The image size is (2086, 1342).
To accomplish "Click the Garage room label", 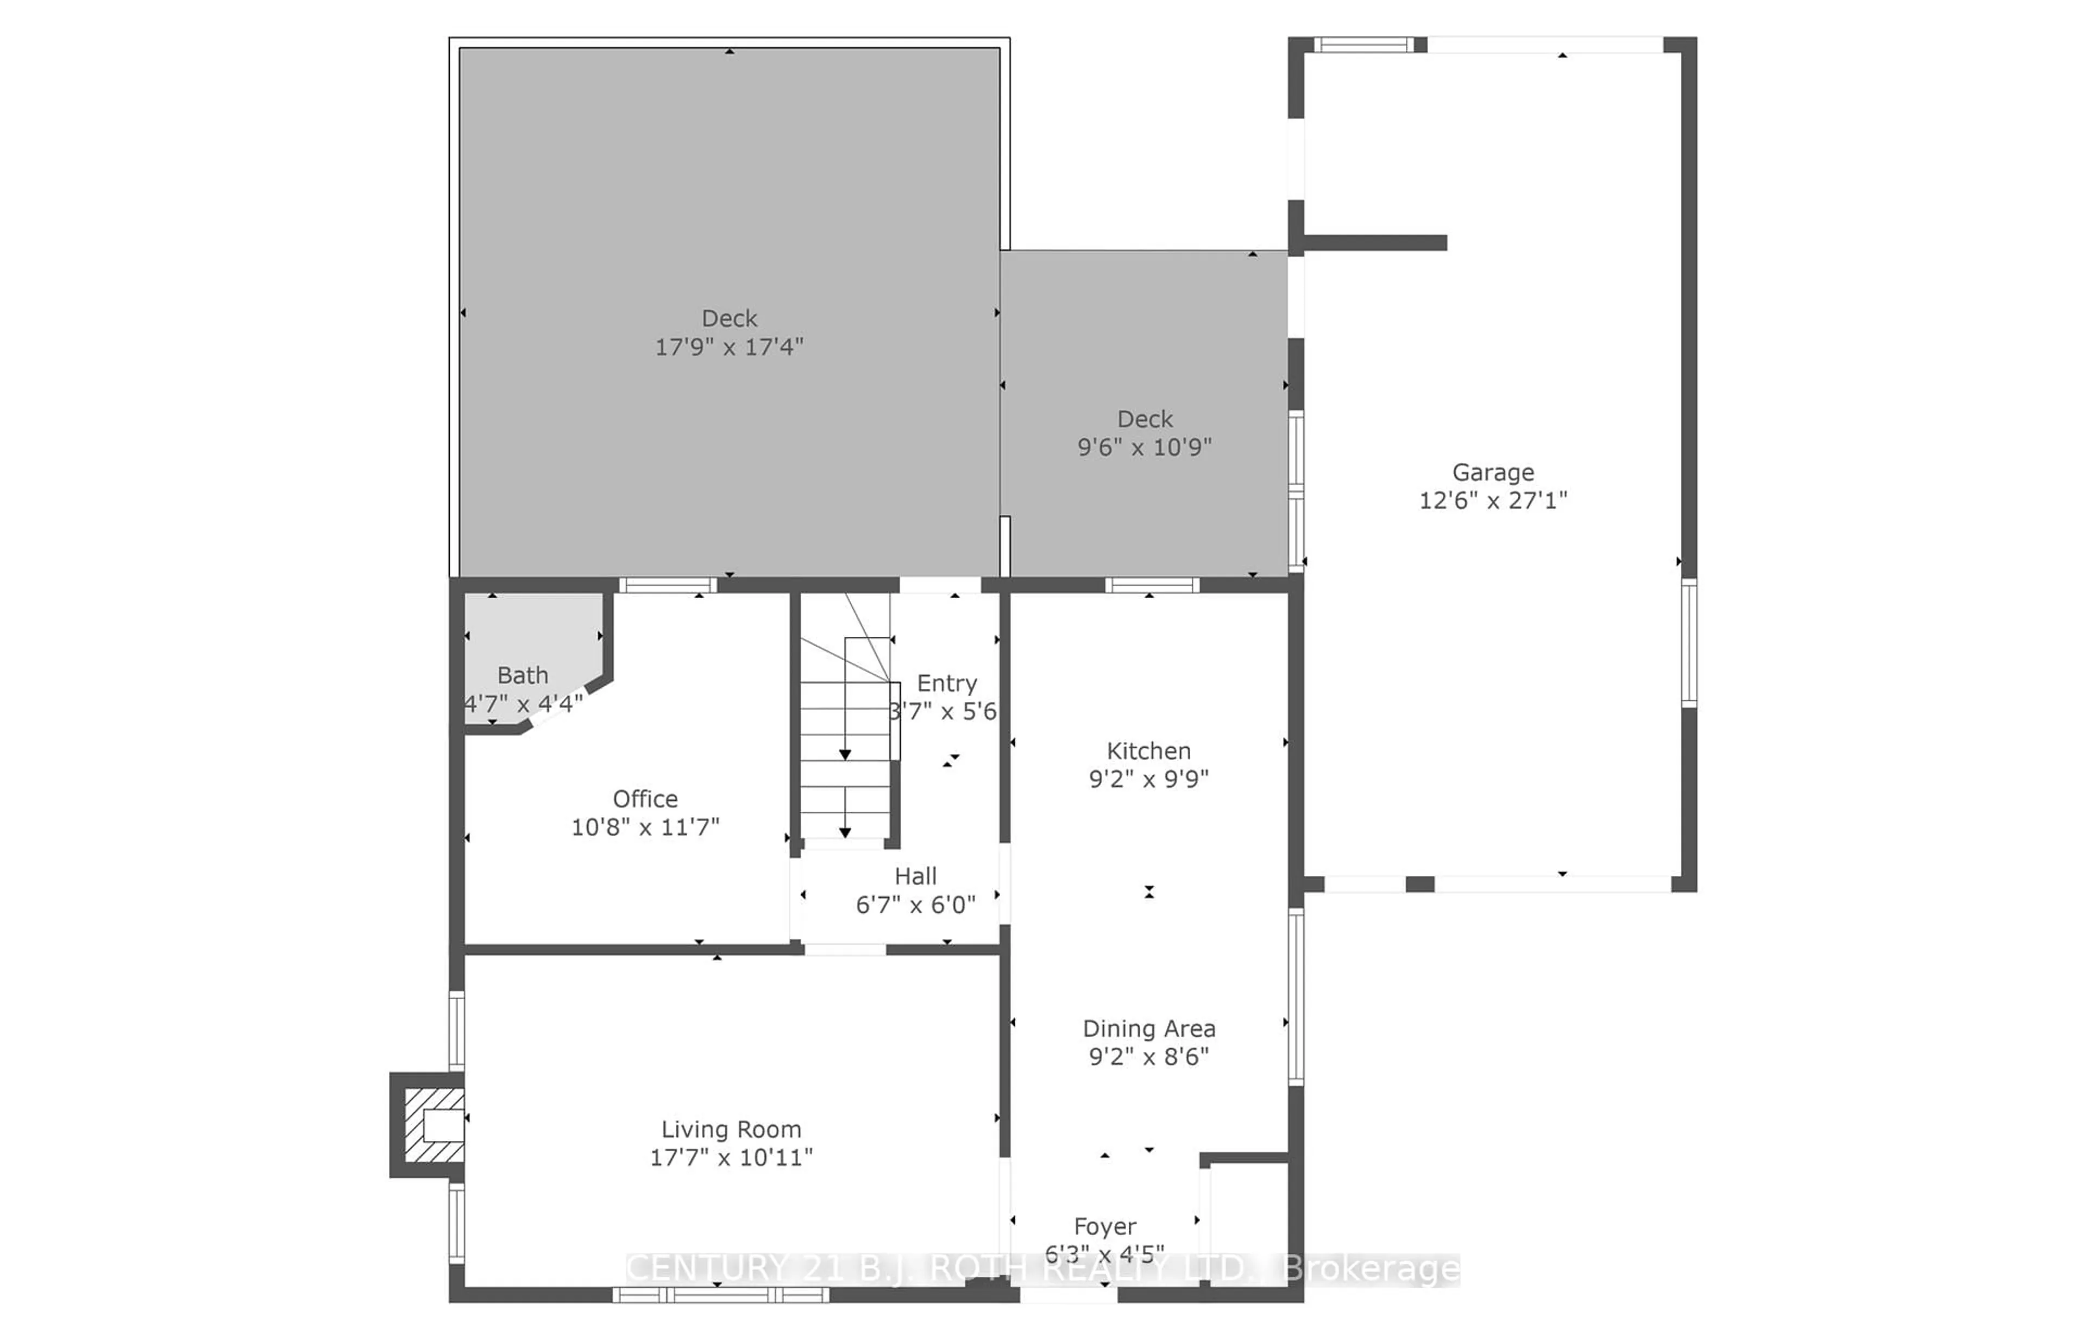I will [1493, 472].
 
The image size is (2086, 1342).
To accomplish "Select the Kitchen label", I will [1148, 750].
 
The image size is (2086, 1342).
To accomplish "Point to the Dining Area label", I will [1148, 1029].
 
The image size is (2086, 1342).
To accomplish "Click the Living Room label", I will [730, 1130].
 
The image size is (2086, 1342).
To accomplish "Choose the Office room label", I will [645, 798].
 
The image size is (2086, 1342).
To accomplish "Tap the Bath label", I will [523, 675].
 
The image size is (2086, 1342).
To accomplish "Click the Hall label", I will [915, 876].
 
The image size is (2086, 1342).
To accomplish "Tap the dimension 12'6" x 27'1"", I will [1493, 500].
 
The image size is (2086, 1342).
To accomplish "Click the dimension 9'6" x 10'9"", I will [1144, 447].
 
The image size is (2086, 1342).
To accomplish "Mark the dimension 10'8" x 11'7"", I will [645, 826].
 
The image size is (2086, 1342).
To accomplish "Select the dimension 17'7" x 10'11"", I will [730, 1157].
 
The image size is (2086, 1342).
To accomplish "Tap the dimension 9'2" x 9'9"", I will [1148, 778].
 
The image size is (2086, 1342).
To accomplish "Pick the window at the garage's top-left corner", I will [1363, 45].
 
